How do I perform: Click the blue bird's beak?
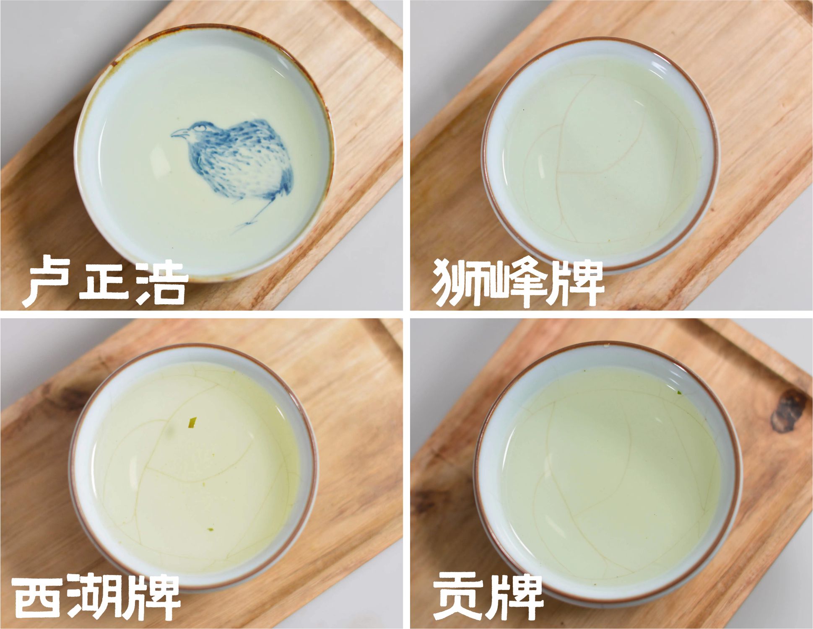pyautogui.click(x=178, y=133)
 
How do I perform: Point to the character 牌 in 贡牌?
pyautogui.click(x=517, y=597)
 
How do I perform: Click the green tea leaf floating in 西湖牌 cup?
pyautogui.click(x=192, y=423)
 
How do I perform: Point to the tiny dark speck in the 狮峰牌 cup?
pyautogui.click(x=523, y=110)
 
